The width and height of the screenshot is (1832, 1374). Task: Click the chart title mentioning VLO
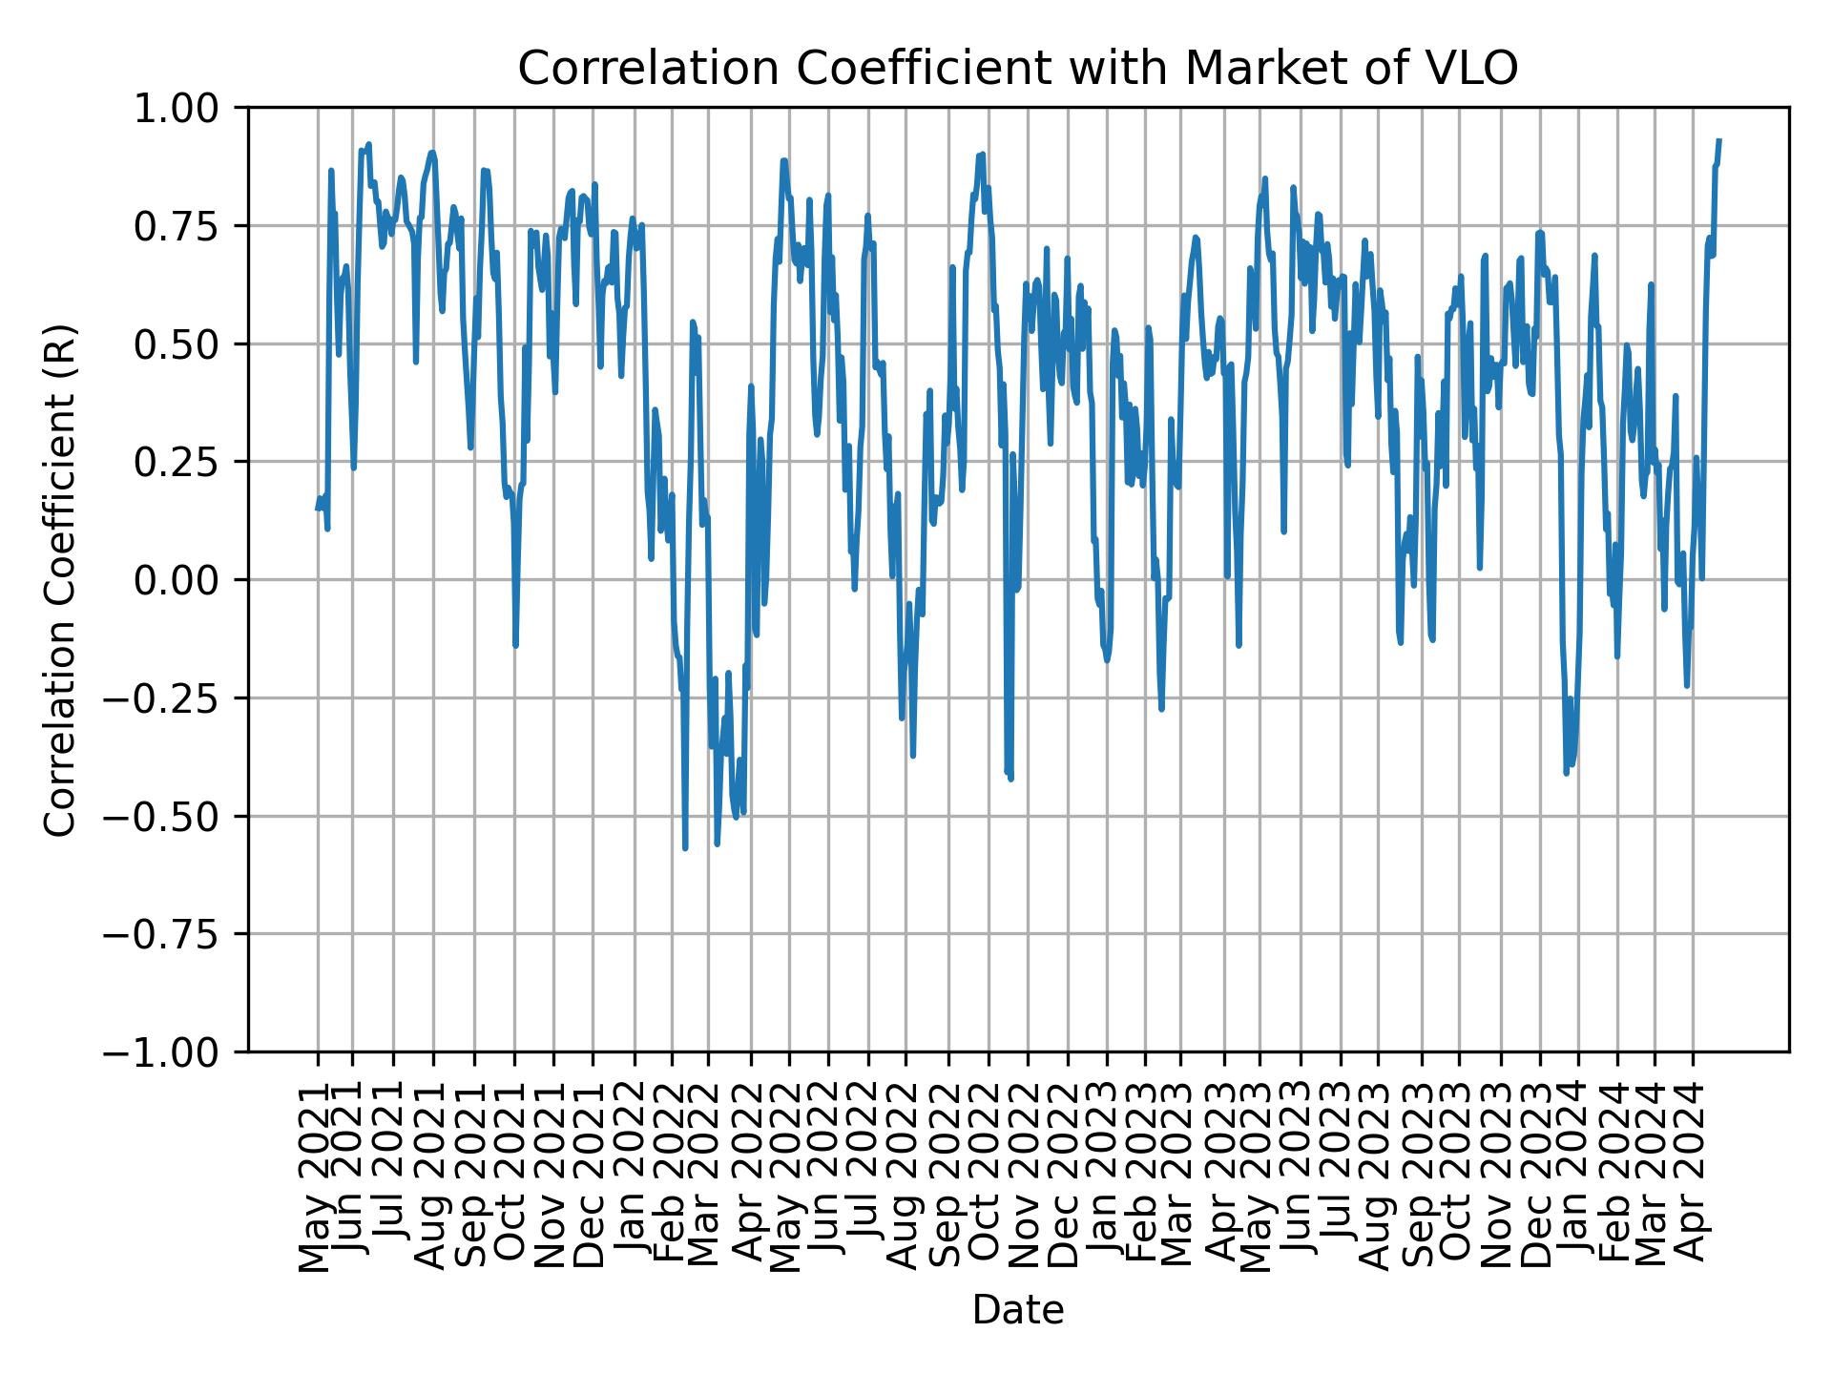coord(1017,69)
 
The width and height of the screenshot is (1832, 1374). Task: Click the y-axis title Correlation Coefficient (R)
coord(60,579)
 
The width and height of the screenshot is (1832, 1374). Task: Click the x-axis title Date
coord(1017,1310)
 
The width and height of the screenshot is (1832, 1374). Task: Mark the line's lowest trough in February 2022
coord(685,847)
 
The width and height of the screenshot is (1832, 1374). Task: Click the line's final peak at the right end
coord(1718,140)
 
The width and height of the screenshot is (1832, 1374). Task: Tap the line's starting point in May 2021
coord(317,509)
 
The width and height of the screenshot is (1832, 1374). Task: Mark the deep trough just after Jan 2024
coord(1566,772)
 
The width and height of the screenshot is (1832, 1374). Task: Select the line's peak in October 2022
coord(982,154)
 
